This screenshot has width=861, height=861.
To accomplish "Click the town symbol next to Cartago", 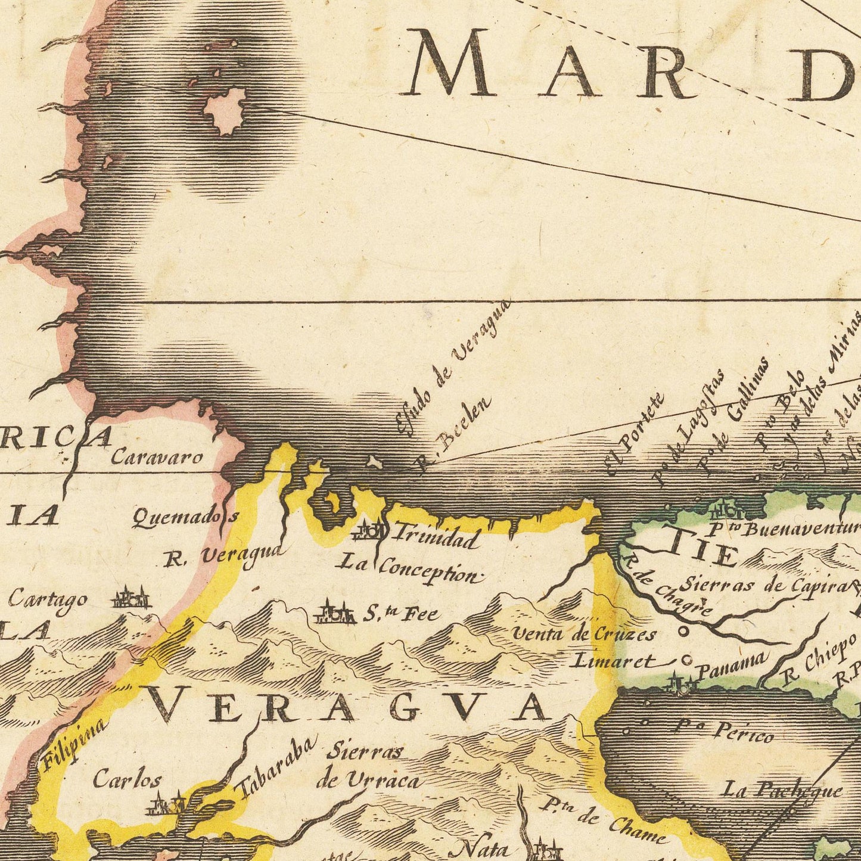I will click(130, 598).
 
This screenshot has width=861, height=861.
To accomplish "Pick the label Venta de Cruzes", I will click(584, 635).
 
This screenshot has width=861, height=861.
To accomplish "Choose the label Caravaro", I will click(157, 458).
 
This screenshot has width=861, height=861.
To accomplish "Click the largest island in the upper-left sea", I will click(226, 111).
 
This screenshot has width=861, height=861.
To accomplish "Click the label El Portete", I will click(635, 434).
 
